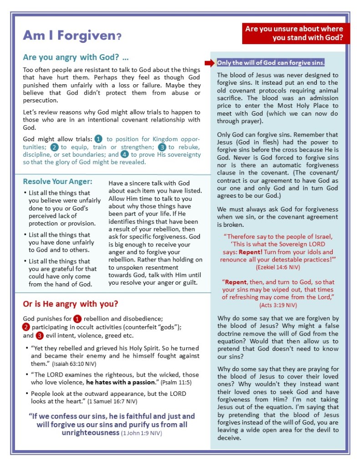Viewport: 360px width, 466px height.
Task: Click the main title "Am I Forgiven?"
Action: tap(72, 35)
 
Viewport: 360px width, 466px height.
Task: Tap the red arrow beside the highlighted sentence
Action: tap(210, 63)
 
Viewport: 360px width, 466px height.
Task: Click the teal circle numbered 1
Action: tap(99, 138)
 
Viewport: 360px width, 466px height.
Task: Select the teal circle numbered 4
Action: tap(124, 154)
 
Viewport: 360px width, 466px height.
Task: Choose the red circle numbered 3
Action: tap(39, 335)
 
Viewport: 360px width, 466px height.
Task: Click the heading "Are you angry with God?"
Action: tap(76, 58)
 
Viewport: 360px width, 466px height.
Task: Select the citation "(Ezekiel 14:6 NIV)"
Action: tap(278, 267)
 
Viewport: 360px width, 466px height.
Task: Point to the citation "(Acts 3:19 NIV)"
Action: tap(278, 305)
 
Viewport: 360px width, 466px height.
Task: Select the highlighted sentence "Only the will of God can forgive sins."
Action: tap(270, 63)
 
